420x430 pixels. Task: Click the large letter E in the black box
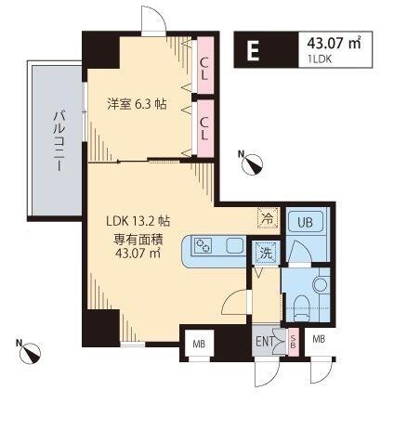[253, 51]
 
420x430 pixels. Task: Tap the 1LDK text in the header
[320, 59]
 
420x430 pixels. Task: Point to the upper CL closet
[205, 65]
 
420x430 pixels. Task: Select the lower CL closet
[205, 128]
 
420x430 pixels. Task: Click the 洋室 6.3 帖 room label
[137, 104]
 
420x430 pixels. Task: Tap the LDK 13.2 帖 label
[138, 221]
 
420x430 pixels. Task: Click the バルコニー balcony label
[59, 141]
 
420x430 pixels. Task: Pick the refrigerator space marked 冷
[268, 218]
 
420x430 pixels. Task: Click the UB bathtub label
[305, 222]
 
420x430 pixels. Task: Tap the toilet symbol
[302, 308]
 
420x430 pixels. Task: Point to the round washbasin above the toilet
[321, 284]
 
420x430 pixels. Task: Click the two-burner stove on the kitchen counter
[203, 246]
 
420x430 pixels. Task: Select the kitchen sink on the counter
[235, 246]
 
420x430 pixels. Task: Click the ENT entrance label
[265, 341]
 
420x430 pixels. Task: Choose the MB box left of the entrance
[199, 343]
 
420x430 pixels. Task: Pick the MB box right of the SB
[319, 339]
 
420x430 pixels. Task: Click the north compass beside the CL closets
[253, 164]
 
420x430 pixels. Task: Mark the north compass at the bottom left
[31, 353]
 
